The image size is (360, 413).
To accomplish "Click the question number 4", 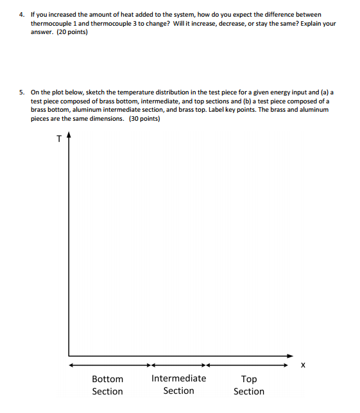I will click(21, 14).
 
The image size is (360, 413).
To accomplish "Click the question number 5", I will click(21, 92).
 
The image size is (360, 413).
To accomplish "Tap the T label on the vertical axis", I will click(58, 137).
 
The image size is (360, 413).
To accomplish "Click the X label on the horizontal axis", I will click(302, 365).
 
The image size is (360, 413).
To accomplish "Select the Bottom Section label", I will click(107, 385).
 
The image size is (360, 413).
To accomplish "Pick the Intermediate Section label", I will click(178, 384).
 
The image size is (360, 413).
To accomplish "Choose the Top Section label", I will click(248, 385).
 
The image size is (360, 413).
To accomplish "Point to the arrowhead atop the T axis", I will click(69, 136).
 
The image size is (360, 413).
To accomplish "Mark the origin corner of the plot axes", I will click(69, 355).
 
